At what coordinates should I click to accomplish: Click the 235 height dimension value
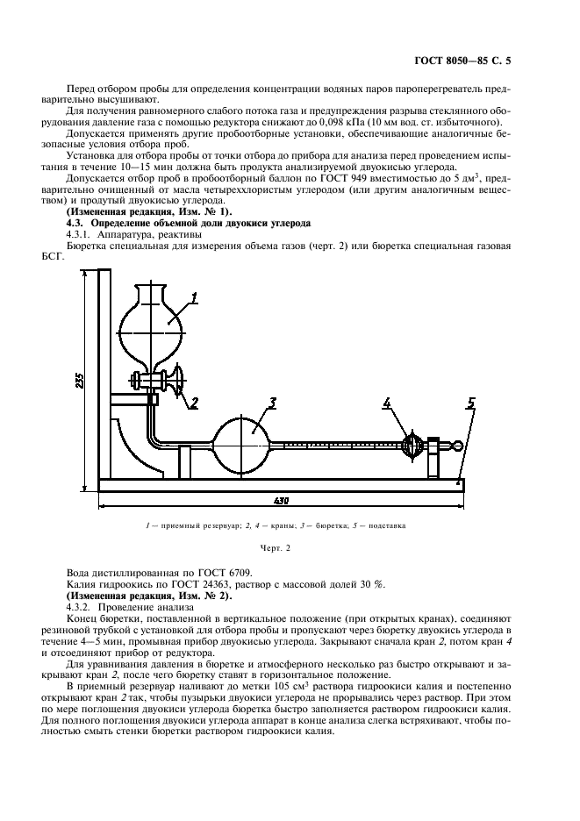(80, 379)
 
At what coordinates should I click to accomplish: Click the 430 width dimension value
(281, 501)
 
